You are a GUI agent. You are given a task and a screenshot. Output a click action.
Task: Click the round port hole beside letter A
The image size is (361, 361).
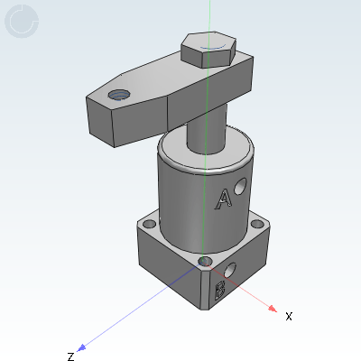coord(239,188)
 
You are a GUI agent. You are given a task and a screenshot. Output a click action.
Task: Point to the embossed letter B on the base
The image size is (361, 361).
coord(218,290)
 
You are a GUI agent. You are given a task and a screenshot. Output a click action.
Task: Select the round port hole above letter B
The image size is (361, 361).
coord(232,268)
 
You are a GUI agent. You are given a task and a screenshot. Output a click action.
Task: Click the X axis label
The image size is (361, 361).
coord(289,316)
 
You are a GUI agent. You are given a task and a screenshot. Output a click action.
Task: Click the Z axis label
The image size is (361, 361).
coord(69,356)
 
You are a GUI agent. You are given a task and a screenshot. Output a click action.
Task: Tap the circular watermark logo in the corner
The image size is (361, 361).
coord(22,23)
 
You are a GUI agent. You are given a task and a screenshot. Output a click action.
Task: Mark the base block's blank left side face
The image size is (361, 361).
coord(167,266)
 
